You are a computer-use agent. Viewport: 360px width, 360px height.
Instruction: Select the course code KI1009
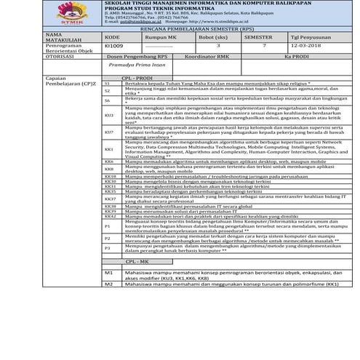[114, 46]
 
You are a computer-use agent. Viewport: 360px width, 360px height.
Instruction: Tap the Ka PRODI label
[297, 55]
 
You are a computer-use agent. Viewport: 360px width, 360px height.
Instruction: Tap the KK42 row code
[110, 216]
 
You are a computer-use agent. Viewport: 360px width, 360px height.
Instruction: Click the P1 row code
[107, 226]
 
